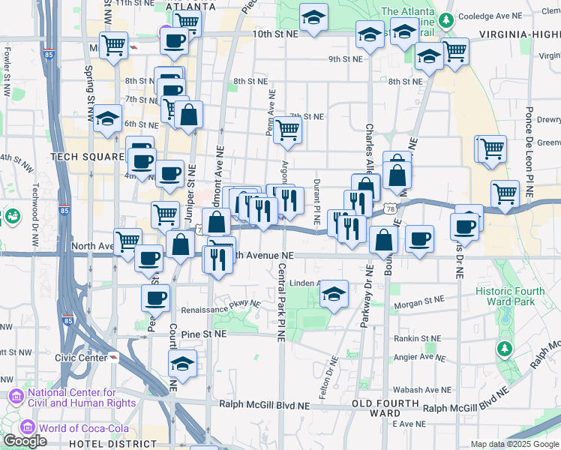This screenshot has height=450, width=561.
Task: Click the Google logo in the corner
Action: click(x=25, y=441)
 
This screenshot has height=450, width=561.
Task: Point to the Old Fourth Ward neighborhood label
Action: click(x=375, y=409)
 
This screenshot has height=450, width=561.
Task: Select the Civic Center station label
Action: click(x=80, y=357)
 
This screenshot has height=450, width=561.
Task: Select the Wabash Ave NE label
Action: click(x=424, y=390)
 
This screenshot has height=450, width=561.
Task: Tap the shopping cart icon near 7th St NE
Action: click(x=288, y=130)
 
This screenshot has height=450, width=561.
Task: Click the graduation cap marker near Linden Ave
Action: click(x=334, y=294)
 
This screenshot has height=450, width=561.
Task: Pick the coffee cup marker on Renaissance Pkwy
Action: click(x=156, y=298)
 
